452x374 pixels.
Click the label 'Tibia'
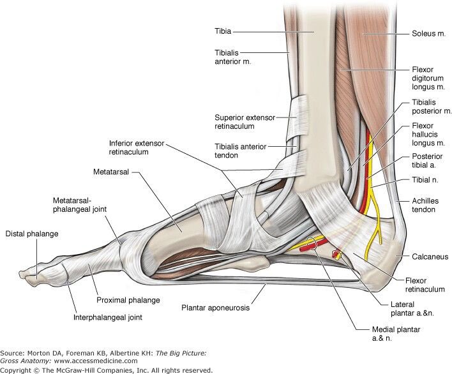pyautogui.click(x=223, y=31)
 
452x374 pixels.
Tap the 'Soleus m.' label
pyautogui.click(x=428, y=33)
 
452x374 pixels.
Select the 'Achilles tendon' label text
pyautogui.click(x=425, y=205)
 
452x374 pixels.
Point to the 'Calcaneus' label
pyautogui.click(x=430, y=257)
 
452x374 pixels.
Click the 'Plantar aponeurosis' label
pyautogui.click(x=215, y=308)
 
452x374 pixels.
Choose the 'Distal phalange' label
pyautogui.click(x=32, y=234)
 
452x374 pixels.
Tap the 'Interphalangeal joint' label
pyautogui.click(x=108, y=318)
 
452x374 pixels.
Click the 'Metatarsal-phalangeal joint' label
pyautogui.click(x=80, y=205)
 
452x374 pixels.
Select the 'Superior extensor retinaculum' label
pyautogui.click(x=245, y=122)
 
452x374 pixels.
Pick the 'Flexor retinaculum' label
pyautogui.click(x=425, y=285)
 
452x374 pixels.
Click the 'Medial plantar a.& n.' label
pyautogui.click(x=396, y=334)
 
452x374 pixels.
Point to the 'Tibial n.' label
pyautogui.click(x=425, y=180)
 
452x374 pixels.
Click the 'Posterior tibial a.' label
pyautogui.click(x=427, y=160)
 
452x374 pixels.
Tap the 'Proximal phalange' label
pyautogui.click(x=128, y=300)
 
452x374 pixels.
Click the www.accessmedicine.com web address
pyautogui.click(x=96, y=361)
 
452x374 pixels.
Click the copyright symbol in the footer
pyautogui.click(x=36, y=370)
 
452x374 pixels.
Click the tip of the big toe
pyautogui.click(x=21, y=273)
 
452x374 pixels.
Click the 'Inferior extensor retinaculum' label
pyautogui.click(x=137, y=147)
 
